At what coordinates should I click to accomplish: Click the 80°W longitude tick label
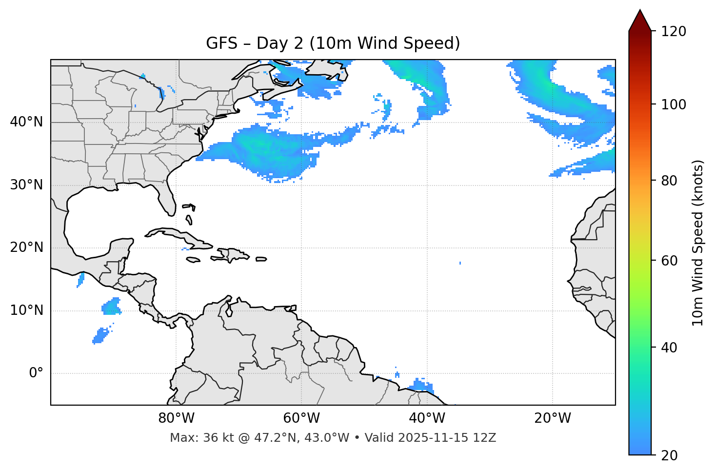click(x=176, y=418)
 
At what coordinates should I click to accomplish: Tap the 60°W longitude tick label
click(x=301, y=418)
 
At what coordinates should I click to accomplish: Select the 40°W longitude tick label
click(x=427, y=418)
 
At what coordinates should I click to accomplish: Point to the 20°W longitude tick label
click(x=552, y=418)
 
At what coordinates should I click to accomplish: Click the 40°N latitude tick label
click(x=26, y=122)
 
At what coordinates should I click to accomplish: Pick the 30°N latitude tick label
click(x=26, y=185)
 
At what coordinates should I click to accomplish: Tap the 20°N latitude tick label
click(x=26, y=247)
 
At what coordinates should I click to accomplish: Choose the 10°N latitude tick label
click(x=26, y=310)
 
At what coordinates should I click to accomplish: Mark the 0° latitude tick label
click(x=36, y=373)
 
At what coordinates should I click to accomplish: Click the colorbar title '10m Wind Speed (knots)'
click(x=698, y=243)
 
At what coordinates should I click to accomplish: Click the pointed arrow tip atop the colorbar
click(x=640, y=12)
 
